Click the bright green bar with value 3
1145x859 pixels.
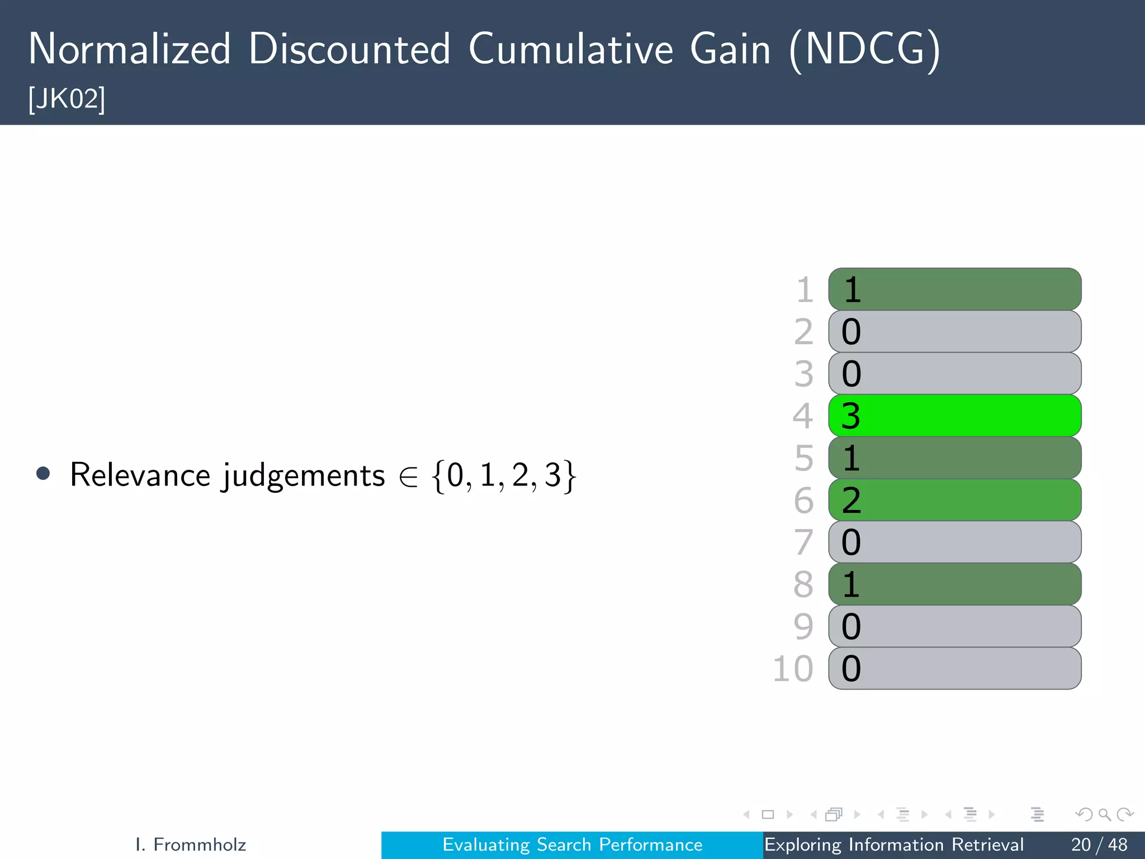954,416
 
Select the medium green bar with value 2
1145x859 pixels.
954,500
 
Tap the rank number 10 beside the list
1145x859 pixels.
792,669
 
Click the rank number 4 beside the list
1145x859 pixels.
802,416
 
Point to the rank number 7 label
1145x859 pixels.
803,542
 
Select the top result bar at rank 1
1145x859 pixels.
954,289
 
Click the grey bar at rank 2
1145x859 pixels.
954,332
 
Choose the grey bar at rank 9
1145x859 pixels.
954,626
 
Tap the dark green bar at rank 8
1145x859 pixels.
954,584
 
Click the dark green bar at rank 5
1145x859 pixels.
954,458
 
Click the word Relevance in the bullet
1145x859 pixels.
140,475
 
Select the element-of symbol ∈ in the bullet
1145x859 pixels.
409,476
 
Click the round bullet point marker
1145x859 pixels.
43,474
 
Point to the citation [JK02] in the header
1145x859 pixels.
67,99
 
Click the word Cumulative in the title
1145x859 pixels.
571,49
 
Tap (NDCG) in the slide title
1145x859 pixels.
864,49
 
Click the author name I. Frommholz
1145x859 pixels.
191,844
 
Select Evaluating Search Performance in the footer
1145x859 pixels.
572,844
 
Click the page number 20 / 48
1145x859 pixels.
1099,844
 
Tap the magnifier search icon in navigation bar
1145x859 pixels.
1104,815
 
